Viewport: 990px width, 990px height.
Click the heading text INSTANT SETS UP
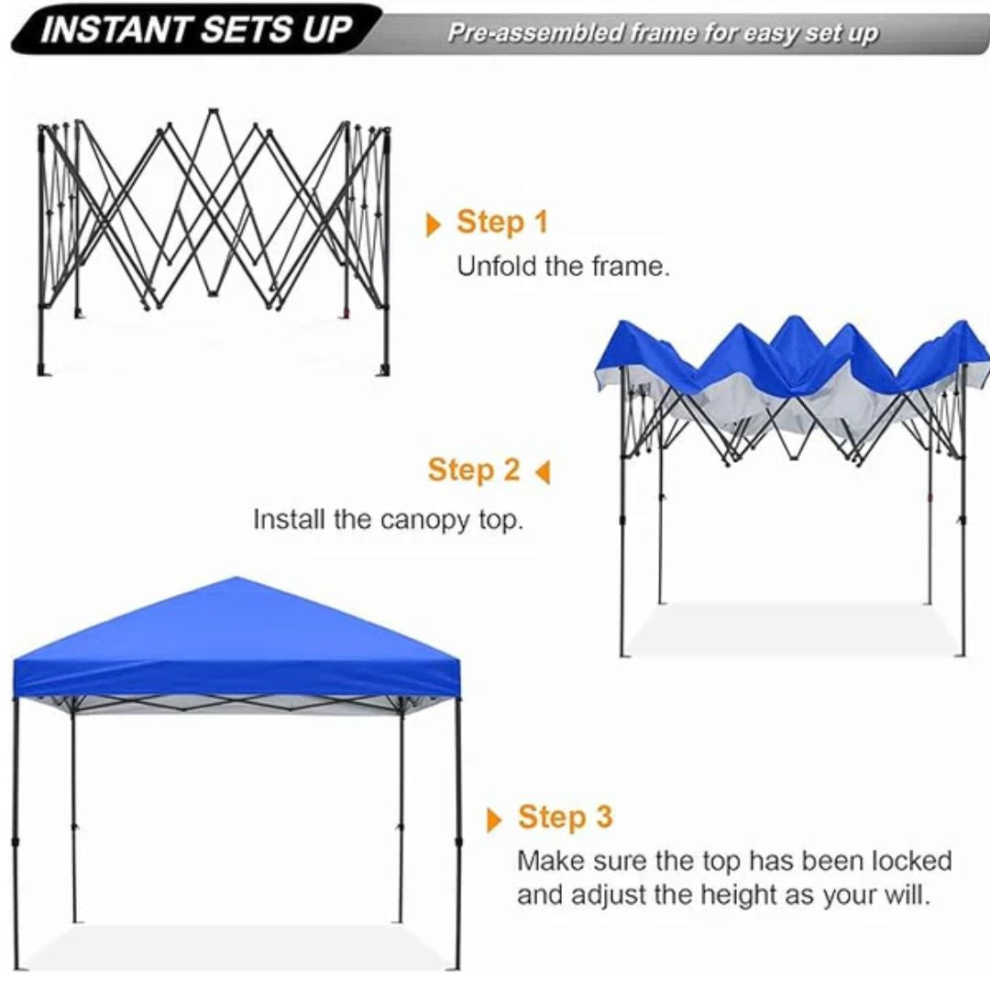point(196,31)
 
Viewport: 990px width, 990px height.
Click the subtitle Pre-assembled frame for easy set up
point(662,35)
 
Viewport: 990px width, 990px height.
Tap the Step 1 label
point(501,222)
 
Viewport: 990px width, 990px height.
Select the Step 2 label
point(474,470)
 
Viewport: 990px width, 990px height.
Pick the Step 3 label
point(565,817)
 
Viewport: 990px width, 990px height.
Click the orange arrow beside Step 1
point(434,225)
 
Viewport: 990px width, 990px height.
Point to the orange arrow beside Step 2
point(543,473)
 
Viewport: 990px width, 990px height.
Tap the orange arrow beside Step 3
point(495,819)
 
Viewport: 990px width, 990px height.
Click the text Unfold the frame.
point(564,268)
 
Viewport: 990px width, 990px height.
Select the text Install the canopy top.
point(388,521)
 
